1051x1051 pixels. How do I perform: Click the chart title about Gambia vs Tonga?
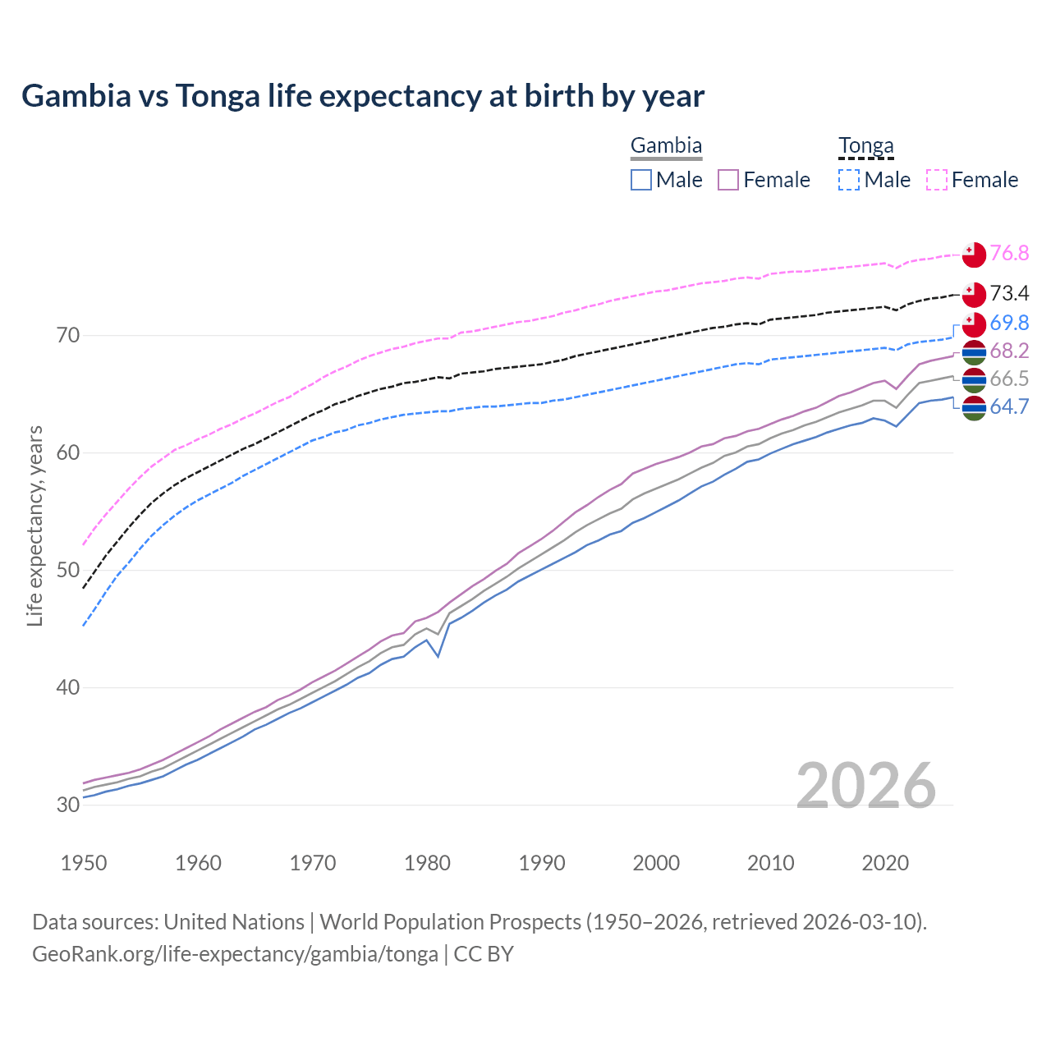click(363, 96)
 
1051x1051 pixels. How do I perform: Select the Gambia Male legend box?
click(641, 180)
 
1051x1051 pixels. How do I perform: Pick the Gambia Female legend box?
click(729, 180)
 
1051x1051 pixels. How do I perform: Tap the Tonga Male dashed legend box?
click(849, 180)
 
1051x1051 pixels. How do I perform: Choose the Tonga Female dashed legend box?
click(937, 180)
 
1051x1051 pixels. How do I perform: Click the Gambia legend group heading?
click(666, 146)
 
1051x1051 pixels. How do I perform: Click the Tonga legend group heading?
click(865, 146)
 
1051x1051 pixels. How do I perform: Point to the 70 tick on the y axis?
click(68, 335)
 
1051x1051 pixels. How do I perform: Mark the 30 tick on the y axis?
click(68, 805)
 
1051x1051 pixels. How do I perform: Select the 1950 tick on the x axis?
click(84, 863)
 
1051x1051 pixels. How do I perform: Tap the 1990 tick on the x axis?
click(542, 863)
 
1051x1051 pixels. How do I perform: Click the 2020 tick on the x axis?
click(885, 863)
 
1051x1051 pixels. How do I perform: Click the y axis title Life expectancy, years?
click(34, 525)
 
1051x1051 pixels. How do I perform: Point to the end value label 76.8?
click(1009, 253)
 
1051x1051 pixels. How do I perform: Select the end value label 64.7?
click(1009, 406)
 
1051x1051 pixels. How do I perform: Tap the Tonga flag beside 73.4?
click(974, 294)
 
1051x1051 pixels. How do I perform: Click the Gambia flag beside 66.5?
click(974, 379)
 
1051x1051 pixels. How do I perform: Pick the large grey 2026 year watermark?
click(866, 786)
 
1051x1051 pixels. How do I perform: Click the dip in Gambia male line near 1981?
click(438, 656)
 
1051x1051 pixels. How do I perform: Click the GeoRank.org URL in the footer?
click(235, 954)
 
